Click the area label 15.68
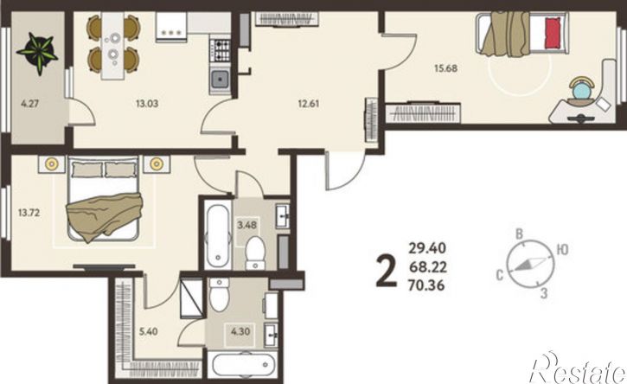tap(445, 68)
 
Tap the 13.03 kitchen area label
tap(147, 104)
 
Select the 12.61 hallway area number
tap(308, 104)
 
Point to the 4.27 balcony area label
tap(30, 104)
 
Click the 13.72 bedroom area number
tap(29, 213)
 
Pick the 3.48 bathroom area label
tap(246, 225)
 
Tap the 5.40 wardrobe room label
tap(148, 331)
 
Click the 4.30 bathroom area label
tap(240, 331)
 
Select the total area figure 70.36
tap(426, 285)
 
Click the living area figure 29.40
tap(427, 248)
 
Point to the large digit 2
tap(387, 272)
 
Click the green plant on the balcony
tap(37, 54)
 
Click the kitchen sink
tap(220, 80)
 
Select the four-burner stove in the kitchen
tap(220, 49)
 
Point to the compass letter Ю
tap(562, 250)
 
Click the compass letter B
tap(520, 234)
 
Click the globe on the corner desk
tap(581, 91)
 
